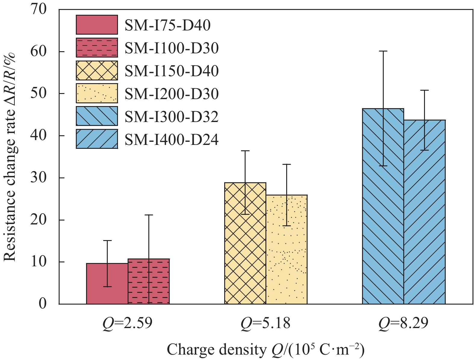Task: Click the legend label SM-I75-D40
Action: [x=168, y=25]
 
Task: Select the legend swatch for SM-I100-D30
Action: [x=97, y=48]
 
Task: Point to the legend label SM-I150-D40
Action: [x=172, y=71]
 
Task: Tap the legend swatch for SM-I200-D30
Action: [x=97, y=93]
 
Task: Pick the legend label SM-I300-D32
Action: [x=172, y=117]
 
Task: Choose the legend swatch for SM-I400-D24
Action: [x=97, y=139]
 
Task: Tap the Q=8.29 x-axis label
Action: [x=403, y=324]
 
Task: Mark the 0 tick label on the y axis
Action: [x=43, y=304]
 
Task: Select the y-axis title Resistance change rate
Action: [x=11, y=157]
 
